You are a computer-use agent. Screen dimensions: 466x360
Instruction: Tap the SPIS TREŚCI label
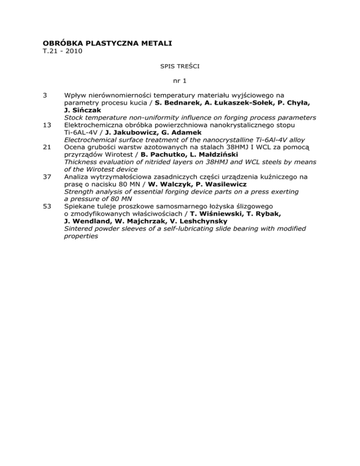point(180,67)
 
